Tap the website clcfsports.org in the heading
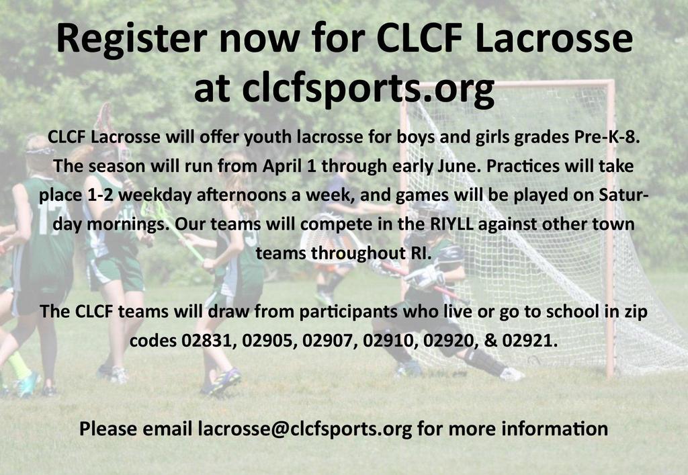click(368, 89)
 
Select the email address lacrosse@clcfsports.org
click(304, 429)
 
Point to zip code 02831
click(206, 341)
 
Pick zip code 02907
click(327, 341)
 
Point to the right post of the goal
click(609, 228)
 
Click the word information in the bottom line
click(554, 429)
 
